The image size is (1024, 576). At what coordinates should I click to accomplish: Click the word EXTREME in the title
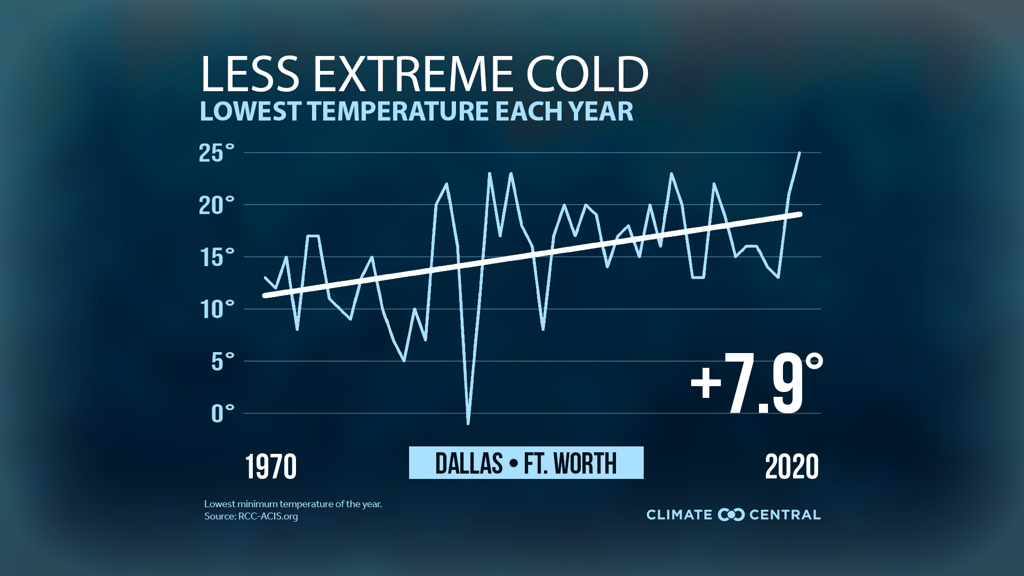[x=413, y=75]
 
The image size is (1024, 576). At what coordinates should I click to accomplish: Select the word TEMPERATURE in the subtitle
[x=398, y=111]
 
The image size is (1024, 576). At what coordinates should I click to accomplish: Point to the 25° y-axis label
[x=217, y=153]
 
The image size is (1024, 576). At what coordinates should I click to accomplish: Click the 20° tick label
[x=217, y=205]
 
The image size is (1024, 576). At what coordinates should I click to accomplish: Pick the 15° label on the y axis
[x=217, y=258]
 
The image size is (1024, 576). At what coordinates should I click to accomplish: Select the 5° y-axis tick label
[x=222, y=362]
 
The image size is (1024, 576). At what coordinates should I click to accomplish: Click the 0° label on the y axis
[x=222, y=414]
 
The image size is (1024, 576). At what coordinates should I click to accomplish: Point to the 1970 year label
[x=271, y=467]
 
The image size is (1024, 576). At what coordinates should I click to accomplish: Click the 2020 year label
[x=791, y=467]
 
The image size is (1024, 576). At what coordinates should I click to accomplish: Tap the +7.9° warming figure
[x=756, y=384]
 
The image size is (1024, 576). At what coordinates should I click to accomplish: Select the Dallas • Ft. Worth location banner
[x=526, y=463]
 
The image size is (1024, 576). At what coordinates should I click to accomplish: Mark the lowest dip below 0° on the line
[x=468, y=423]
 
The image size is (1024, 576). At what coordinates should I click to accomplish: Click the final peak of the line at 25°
[x=799, y=153]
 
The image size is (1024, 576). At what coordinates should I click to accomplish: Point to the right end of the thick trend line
[x=799, y=214]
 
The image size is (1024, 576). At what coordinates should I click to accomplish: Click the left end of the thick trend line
[x=265, y=295]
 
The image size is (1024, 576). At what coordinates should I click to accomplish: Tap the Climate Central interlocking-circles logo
[x=731, y=515]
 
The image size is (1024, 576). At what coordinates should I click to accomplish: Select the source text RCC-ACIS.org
[x=268, y=516]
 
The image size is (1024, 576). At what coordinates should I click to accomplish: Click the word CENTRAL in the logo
[x=785, y=515]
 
